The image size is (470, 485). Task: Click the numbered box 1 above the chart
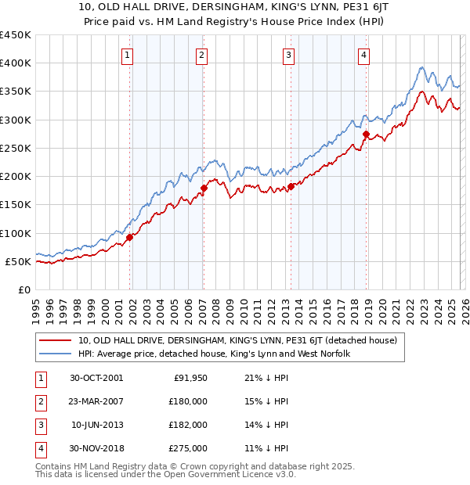[x=127, y=55]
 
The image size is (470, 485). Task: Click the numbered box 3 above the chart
[x=288, y=55]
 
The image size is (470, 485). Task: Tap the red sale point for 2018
[x=366, y=135]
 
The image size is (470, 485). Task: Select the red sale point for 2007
[x=204, y=188]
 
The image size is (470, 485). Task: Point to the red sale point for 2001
[x=130, y=238]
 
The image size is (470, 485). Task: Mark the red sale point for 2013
[x=291, y=186]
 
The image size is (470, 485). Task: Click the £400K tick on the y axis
[x=15, y=63]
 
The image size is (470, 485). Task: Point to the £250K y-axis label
[x=15, y=149]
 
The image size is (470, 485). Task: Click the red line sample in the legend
[x=56, y=341]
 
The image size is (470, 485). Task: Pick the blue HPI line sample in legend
[x=56, y=354]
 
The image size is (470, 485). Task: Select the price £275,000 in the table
[x=189, y=448]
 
